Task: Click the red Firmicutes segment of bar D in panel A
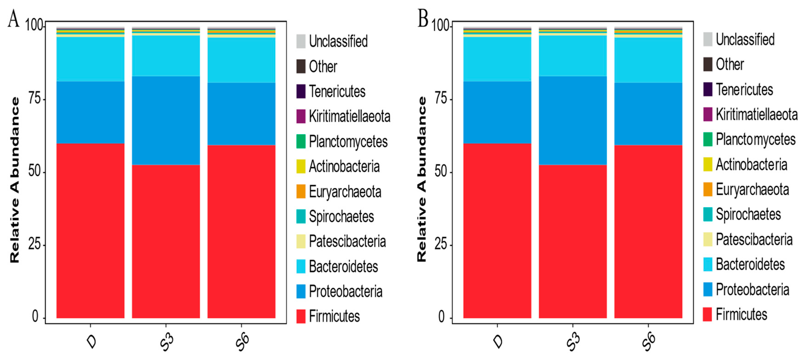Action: pos(90,230)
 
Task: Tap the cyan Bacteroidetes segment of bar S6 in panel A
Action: pos(241,60)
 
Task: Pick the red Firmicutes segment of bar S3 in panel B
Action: pos(573,241)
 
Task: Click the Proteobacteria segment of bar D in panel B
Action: pos(497,112)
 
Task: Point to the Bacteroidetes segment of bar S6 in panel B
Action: pos(648,60)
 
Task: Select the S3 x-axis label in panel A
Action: pos(166,342)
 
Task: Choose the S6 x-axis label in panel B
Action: pos(649,342)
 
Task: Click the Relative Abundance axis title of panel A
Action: pos(15,180)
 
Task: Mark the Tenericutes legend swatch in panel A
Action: pos(301,91)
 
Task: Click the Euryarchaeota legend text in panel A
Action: pos(345,192)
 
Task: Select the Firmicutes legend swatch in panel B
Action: pos(707,314)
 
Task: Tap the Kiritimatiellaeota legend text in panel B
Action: pos(756,114)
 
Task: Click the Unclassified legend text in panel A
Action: pos(338,41)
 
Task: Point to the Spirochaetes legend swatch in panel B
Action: pos(707,214)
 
